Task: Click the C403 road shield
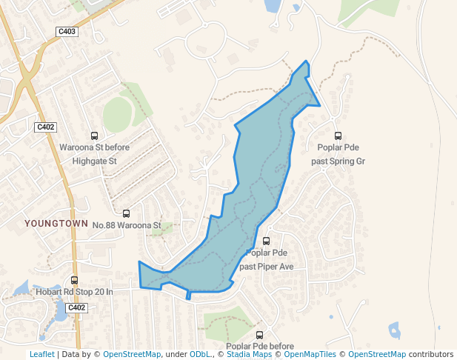[x=67, y=31]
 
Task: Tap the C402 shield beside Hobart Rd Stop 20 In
[x=76, y=307]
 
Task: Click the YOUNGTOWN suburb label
[x=56, y=223]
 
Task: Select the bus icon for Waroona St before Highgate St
[x=94, y=136]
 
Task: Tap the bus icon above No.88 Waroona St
[x=126, y=213]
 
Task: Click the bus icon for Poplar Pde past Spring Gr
[x=338, y=136]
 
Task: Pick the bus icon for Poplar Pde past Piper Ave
[x=267, y=241]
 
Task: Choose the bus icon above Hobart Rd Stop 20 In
[x=74, y=280]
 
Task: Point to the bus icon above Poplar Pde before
[x=259, y=335]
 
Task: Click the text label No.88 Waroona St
[x=127, y=224]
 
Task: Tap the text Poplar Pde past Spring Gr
[x=338, y=154]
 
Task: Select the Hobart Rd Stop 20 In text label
[x=74, y=292]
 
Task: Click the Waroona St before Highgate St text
[x=94, y=154]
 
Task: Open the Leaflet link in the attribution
[x=42, y=355]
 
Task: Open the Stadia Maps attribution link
[x=249, y=355]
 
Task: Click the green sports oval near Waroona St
[x=117, y=115]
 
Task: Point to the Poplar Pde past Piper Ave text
[x=267, y=259]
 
